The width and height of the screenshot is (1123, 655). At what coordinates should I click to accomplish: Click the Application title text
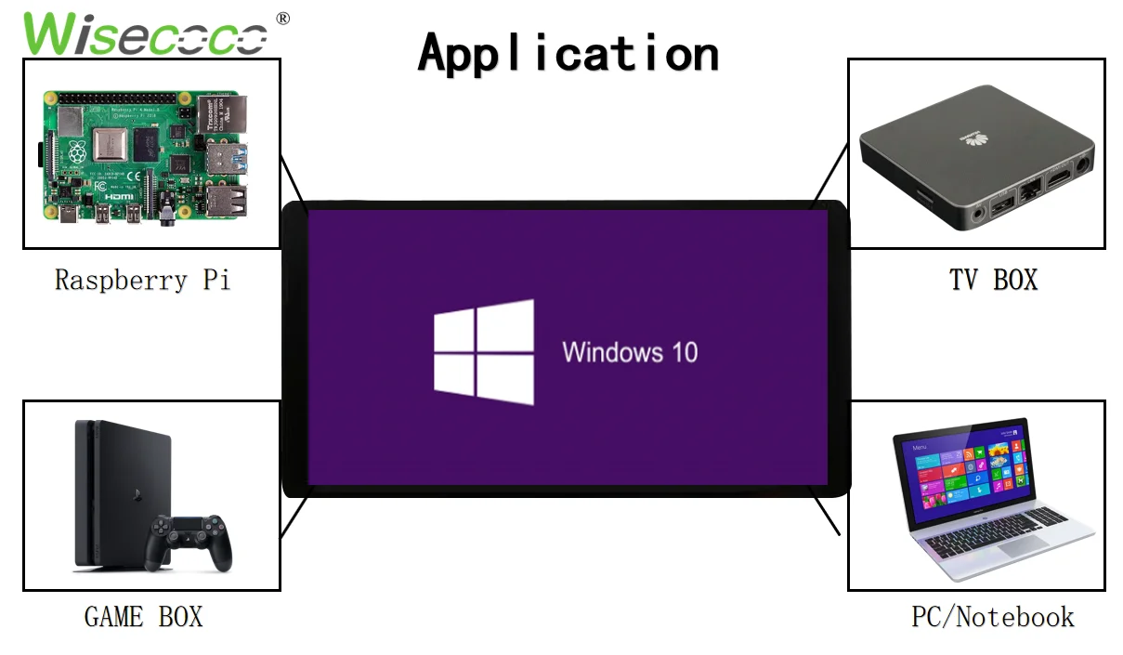568,53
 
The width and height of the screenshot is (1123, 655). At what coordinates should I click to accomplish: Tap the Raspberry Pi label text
142,280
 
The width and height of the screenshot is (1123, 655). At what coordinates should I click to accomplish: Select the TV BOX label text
993,280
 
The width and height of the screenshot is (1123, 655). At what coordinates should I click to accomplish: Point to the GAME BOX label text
143,616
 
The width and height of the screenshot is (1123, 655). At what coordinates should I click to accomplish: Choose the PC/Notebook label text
992,616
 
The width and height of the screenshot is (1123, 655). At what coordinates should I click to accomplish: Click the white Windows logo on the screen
484,352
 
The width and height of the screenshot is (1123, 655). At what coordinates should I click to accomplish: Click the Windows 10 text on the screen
630,353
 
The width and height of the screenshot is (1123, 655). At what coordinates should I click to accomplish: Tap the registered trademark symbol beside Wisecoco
282,19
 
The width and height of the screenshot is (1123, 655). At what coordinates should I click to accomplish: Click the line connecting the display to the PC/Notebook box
826,513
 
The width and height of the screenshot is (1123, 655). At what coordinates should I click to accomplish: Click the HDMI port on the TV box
1058,177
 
